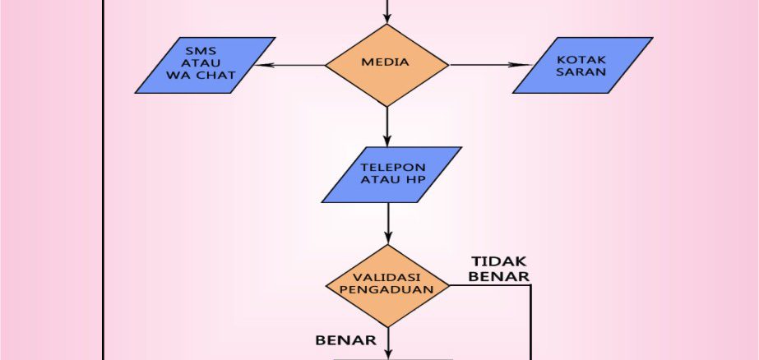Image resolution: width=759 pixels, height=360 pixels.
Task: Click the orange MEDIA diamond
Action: point(386,64)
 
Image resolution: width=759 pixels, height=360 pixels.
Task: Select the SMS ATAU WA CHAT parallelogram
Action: point(206,65)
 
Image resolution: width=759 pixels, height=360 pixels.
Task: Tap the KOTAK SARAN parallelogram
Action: point(582,65)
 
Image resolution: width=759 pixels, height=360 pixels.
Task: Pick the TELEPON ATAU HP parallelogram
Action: point(392,174)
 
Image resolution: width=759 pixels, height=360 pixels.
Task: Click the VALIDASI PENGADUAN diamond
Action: point(386,285)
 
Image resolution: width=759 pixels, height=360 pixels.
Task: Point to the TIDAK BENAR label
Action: point(498,268)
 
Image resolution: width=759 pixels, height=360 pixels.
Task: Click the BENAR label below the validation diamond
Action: point(345,339)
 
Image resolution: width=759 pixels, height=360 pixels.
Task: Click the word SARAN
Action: point(582,72)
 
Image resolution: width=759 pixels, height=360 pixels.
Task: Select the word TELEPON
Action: point(393,168)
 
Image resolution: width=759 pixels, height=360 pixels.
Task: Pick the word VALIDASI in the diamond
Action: point(386,278)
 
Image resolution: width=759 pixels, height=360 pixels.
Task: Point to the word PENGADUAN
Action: point(386,292)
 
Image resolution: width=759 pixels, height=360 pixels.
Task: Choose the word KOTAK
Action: point(582,59)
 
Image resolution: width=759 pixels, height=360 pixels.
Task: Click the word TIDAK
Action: point(498,261)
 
